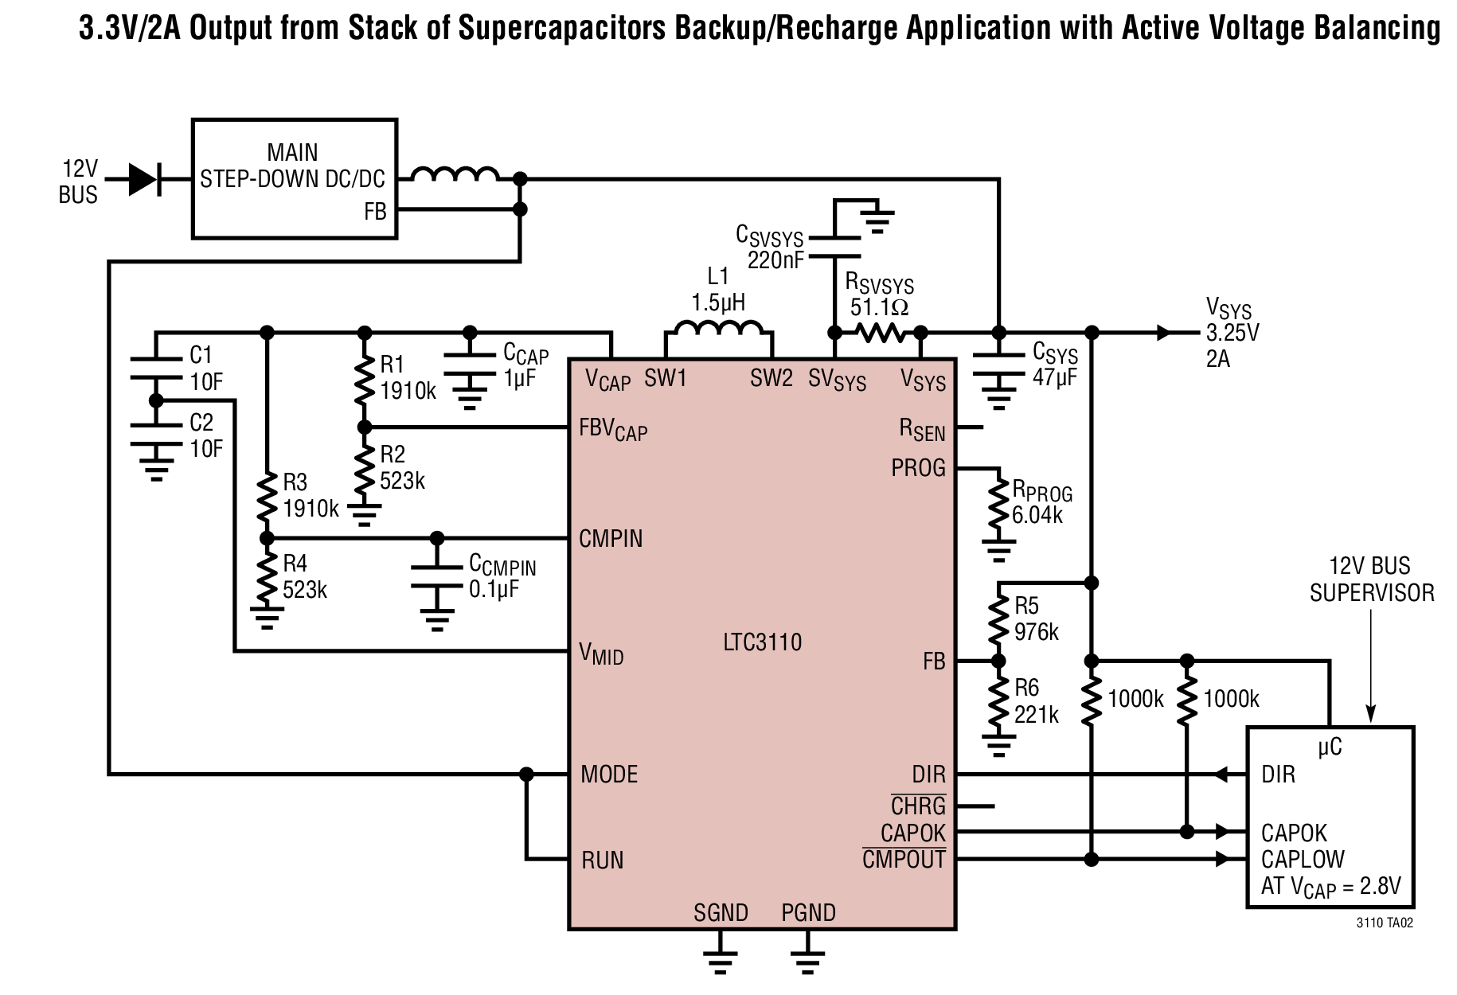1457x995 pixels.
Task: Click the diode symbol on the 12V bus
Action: pyautogui.click(x=143, y=179)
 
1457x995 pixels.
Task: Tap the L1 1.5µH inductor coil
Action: pyautogui.click(x=718, y=329)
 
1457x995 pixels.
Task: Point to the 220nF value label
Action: pyautogui.click(x=775, y=260)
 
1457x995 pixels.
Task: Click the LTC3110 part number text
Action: pyautogui.click(x=762, y=642)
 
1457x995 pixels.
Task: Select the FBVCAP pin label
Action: pyautogui.click(x=613, y=430)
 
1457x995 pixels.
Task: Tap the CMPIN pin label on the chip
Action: pyautogui.click(x=611, y=539)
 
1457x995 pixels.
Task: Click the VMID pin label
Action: pyautogui.click(x=601, y=654)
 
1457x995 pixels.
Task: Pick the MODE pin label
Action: pyautogui.click(x=609, y=775)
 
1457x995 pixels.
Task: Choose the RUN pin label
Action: pyautogui.click(x=602, y=860)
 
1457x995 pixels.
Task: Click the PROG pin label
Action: pyautogui.click(x=918, y=468)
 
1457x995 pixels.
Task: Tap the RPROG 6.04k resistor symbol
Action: pyautogui.click(x=998, y=505)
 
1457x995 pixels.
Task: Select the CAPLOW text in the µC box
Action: pyautogui.click(x=1303, y=860)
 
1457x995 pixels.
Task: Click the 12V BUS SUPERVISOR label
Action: pyautogui.click(x=1372, y=579)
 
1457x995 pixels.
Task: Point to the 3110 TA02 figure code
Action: pyautogui.click(x=1385, y=923)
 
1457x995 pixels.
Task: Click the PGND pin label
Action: pyautogui.click(x=808, y=912)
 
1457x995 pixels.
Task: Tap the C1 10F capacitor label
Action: pyautogui.click(x=206, y=369)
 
